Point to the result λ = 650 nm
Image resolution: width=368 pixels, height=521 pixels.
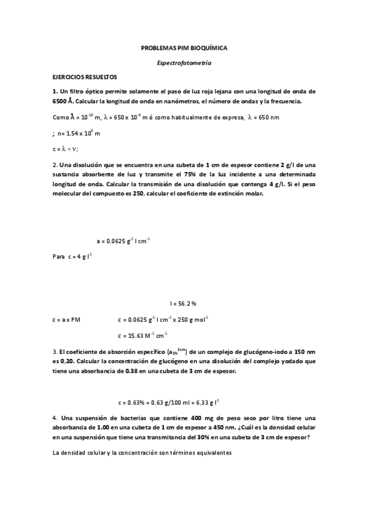[264, 117]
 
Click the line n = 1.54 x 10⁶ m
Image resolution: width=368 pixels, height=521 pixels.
[79, 132]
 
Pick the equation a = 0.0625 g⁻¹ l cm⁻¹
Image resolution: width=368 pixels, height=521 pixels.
[123, 241]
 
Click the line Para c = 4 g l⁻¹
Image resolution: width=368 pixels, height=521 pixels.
[72, 256]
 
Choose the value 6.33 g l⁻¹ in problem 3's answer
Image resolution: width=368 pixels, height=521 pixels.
[207, 402]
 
